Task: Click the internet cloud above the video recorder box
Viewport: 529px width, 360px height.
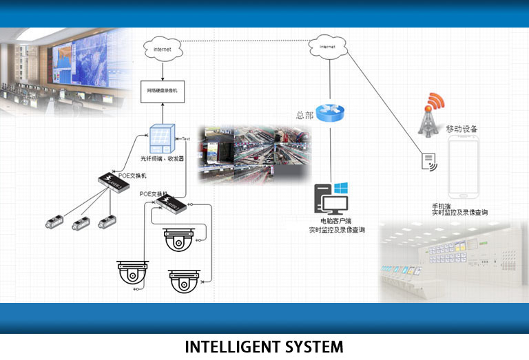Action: click(x=163, y=49)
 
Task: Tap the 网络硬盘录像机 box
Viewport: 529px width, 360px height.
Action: click(x=163, y=90)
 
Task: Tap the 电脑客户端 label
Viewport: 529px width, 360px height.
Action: click(x=326, y=221)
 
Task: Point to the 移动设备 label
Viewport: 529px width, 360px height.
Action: click(x=462, y=129)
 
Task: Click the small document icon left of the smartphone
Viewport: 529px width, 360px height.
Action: click(x=428, y=161)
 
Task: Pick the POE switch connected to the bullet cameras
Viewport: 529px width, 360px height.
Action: click(x=114, y=183)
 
